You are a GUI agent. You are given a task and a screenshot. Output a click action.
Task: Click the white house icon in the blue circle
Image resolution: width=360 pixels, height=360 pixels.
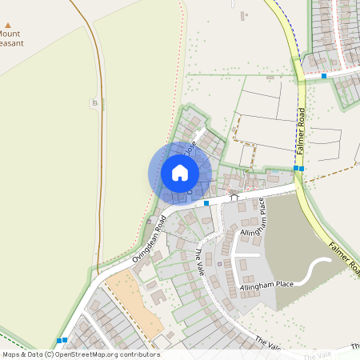(x=180, y=173)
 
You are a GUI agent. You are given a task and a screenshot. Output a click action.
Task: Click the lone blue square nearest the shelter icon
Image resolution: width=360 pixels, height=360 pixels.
(x=206, y=204)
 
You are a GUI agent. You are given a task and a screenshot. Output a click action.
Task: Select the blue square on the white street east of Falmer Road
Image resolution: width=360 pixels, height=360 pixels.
(x=324, y=75)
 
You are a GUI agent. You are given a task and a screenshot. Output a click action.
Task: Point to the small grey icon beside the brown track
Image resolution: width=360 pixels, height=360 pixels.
(x=95, y=102)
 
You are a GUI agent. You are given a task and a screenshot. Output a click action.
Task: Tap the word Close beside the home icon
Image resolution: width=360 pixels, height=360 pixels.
(x=190, y=149)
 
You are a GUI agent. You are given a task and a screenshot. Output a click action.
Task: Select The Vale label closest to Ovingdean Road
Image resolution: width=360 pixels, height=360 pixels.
(x=200, y=259)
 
